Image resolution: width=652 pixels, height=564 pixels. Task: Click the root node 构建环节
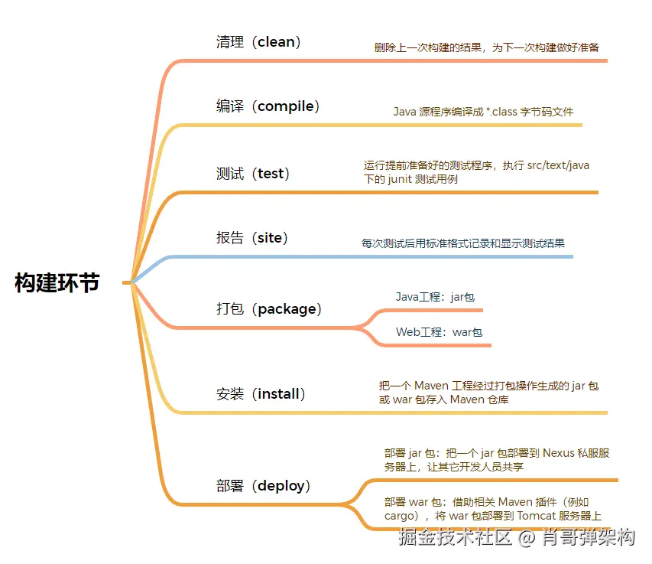(x=57, y=282)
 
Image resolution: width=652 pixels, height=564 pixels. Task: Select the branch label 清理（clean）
(x=258, y=42)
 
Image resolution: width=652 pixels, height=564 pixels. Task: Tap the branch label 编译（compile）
(x=268, y=106)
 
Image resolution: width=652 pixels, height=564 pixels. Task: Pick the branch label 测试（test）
(x=253, y=174)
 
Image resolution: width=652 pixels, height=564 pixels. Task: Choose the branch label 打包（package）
(x=268, y=309)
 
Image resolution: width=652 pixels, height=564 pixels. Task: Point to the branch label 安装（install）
(x=261, y=394)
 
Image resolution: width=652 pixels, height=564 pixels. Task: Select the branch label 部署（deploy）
(x=263, y=485)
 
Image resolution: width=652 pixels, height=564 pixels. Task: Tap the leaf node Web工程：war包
(x=440, y=333)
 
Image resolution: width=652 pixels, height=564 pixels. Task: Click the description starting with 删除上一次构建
(x=486, y=47)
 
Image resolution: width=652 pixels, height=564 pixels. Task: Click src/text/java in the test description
(x=558, y=165)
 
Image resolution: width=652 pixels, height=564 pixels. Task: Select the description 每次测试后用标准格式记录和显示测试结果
(x=463, y=243)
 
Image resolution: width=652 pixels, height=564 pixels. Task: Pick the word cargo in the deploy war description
(x=400, y=516)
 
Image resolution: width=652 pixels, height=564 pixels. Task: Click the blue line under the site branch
(x=367, y=256)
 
